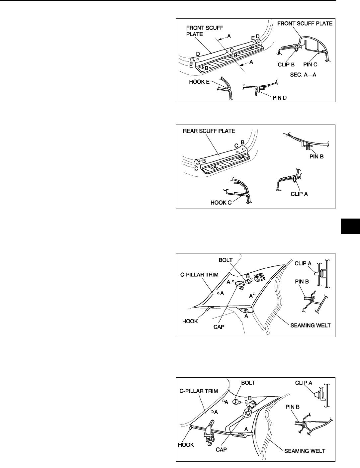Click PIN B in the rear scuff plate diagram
tap(314, 154)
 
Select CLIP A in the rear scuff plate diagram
tap(299, 194)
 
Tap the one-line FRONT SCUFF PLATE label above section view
tap(305, 24)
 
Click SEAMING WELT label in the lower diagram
tap(304, 451)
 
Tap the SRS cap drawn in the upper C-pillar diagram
tap(240, 284)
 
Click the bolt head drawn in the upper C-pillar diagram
tap(248, 282)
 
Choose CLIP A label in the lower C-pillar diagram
tap(304, 383)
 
